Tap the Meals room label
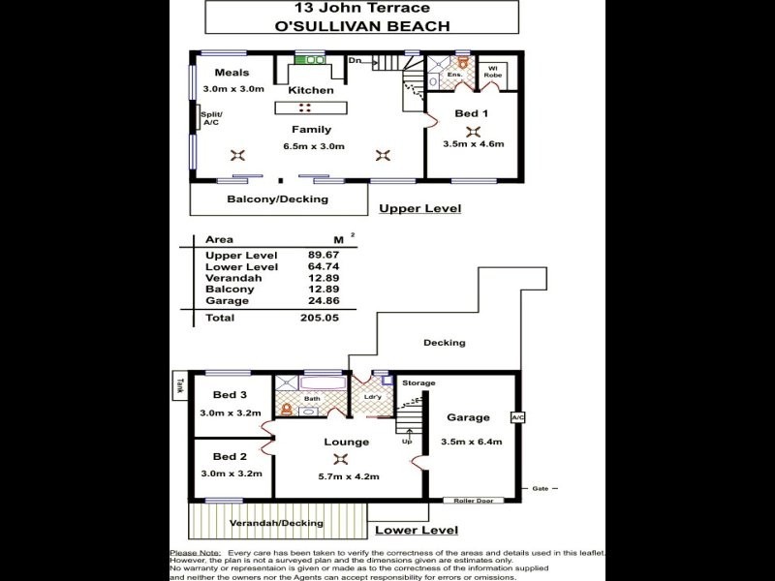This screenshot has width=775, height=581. tap(232, 73)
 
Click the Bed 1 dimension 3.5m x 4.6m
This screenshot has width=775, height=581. tap(473, 145)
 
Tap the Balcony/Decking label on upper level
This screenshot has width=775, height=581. tap(277, 199)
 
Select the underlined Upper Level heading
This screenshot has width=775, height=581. tap(419, 208)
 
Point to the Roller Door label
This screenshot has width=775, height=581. tap(471, 501)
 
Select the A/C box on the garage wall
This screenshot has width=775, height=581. tap(517, 418)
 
